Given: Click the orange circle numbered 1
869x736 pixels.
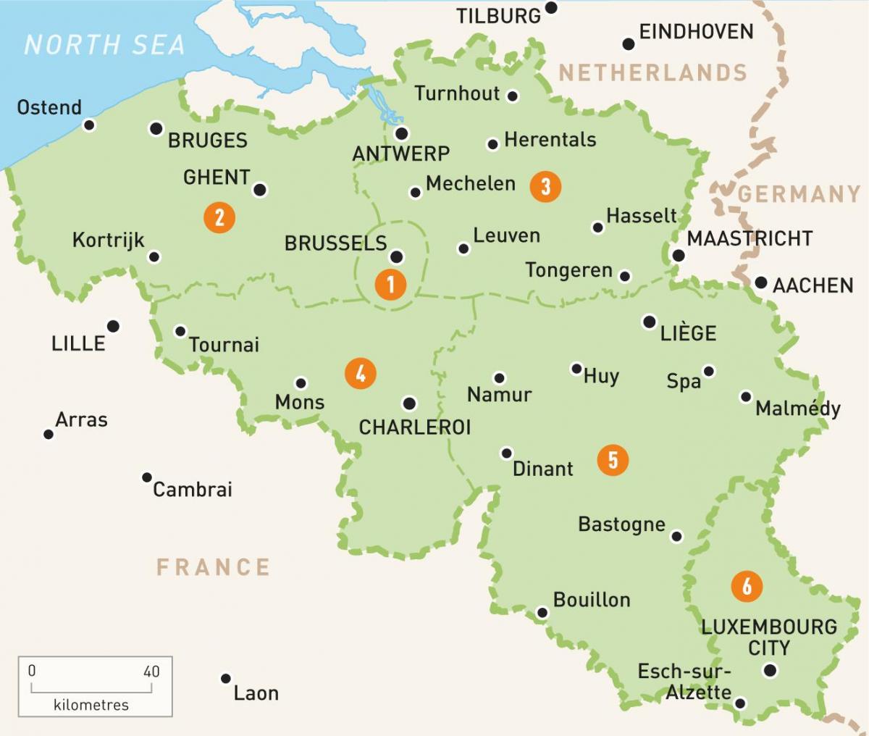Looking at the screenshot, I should pos(390,284).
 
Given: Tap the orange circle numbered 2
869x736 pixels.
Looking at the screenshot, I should pos(219,217).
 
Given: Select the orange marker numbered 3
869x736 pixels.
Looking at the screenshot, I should pos(545,186).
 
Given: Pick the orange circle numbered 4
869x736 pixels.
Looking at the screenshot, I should pos(361,374).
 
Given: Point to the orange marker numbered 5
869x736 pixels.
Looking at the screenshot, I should pos(613,460).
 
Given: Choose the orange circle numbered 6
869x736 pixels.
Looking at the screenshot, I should pos(747,585).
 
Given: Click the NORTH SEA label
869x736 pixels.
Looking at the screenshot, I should pos(104,45).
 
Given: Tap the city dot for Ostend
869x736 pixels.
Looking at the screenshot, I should pos(89,125).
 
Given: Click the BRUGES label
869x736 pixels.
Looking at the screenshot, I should pos(208,141).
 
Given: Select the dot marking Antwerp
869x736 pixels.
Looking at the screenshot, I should pos(401,133).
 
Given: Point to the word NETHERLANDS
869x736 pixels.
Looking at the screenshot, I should pos(652,73).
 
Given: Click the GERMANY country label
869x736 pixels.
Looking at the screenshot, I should pos(799,194).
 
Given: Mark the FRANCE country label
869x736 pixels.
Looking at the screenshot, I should pos(213,566).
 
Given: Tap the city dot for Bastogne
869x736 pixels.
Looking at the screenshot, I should pos(676,536).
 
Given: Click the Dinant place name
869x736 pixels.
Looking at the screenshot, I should pos(542,469).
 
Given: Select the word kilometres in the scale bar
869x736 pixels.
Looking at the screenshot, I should pos(91,704).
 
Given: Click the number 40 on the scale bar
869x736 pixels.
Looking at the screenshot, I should pos(151,672).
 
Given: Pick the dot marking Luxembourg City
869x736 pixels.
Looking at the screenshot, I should pos(770,670).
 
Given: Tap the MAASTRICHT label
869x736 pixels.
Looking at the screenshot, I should pos(750,238).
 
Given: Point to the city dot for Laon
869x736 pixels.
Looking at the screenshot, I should pos(226,679).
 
